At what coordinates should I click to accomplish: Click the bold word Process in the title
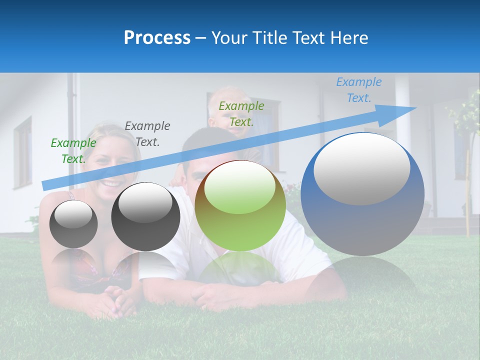point(157,38)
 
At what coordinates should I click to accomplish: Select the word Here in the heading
point(348,38)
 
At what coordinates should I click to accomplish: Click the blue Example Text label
point(359,90)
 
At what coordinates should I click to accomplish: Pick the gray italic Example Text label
point(147,134)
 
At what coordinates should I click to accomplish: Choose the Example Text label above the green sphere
point(241,113)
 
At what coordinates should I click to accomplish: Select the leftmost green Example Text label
point(73,150)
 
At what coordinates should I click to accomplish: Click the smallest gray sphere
point(73,224)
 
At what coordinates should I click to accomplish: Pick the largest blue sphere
point(362,220)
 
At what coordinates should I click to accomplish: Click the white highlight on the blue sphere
point(362,168)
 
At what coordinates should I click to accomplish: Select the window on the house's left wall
point(22,152)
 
